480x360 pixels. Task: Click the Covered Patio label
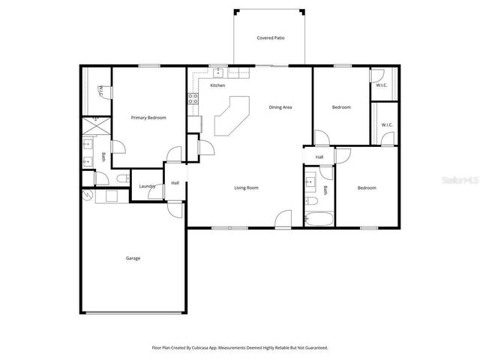270,37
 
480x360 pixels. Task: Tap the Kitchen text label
217,85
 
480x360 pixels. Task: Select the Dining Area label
280,107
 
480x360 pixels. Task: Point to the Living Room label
247,187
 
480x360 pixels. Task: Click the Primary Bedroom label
148,118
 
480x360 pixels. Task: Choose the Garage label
133,258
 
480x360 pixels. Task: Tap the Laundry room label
147,187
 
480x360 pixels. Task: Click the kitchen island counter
232,116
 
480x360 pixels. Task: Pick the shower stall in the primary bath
96,124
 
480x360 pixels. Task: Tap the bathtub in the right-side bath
318,219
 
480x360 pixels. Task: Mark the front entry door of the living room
283,220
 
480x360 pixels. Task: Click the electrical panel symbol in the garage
88,196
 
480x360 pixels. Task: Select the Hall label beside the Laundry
175,183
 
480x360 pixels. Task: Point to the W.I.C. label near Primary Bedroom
101,91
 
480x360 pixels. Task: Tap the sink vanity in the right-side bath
310,181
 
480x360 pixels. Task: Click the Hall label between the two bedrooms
319,157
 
